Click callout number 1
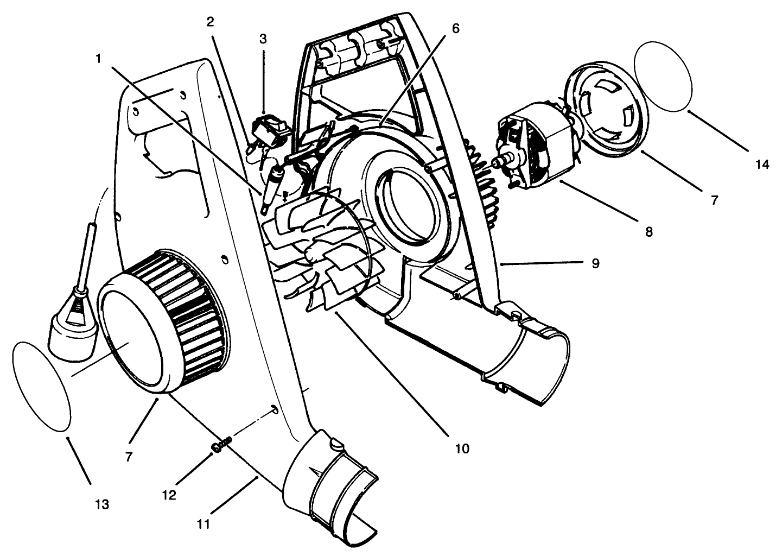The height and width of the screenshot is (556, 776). tap(98, 59)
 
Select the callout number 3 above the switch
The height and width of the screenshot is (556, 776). tap(263, 39)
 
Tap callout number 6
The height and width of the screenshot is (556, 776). tap(455, 29)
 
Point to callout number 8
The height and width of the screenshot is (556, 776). tap(649, 232)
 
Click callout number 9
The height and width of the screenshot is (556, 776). tap(595, 263)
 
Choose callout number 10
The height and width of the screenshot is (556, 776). tap(461, 448)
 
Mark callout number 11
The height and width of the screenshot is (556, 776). tap(204, 524)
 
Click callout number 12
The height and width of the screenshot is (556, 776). tap(169, 495)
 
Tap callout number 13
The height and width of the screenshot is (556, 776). tap(102, 504)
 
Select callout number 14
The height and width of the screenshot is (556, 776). tap(762, 164)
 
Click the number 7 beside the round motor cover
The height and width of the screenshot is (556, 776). tap(714, 200)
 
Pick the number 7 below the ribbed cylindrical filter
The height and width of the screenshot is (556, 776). tap(129, 456)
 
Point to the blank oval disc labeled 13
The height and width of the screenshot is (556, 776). tap(41, 386)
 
